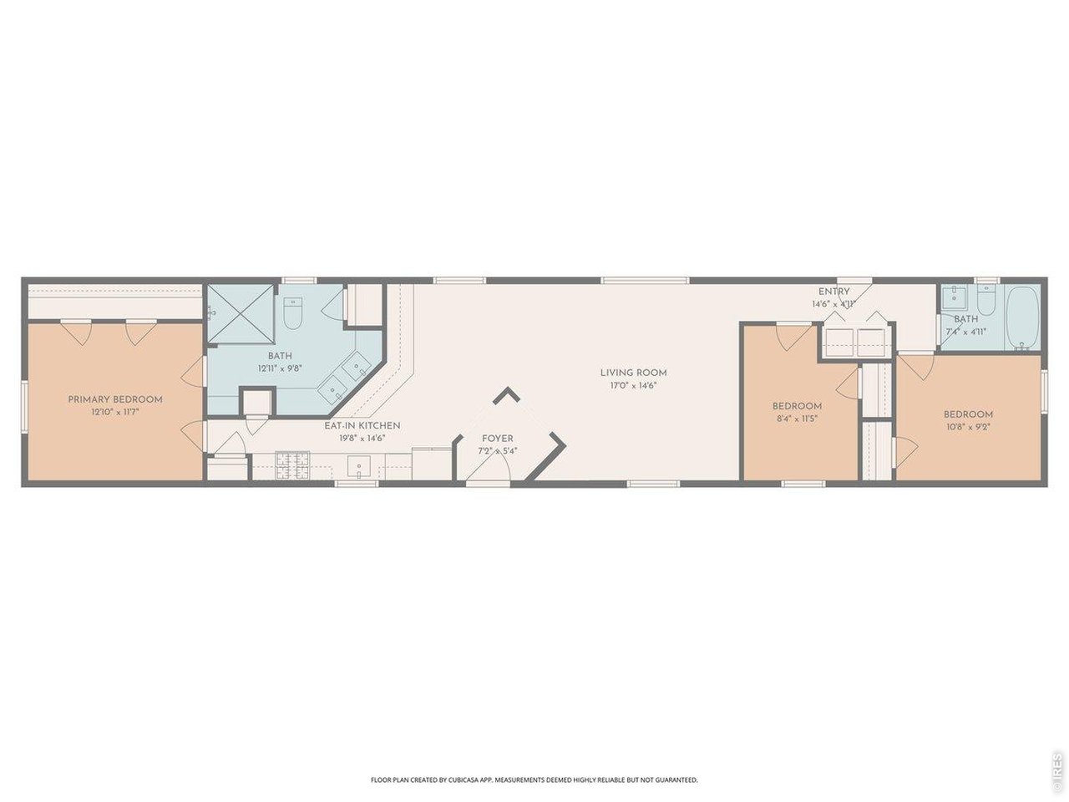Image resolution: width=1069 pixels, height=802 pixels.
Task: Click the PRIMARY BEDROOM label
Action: pos(115,399)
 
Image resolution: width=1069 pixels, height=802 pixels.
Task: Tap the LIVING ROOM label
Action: pos(634,373)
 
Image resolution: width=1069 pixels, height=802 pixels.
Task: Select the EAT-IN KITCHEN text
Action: pos(362,425)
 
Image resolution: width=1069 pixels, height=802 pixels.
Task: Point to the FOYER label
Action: pos(498,439)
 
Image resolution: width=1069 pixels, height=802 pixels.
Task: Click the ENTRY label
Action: pos(833,292)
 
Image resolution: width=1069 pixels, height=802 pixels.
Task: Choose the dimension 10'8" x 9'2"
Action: pos(968,427)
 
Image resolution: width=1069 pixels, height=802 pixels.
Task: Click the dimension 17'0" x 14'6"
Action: pos(634,385)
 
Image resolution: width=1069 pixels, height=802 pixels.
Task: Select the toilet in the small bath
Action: pos(985,301)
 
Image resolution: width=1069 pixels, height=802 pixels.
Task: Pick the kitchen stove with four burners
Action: pos(292,464)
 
